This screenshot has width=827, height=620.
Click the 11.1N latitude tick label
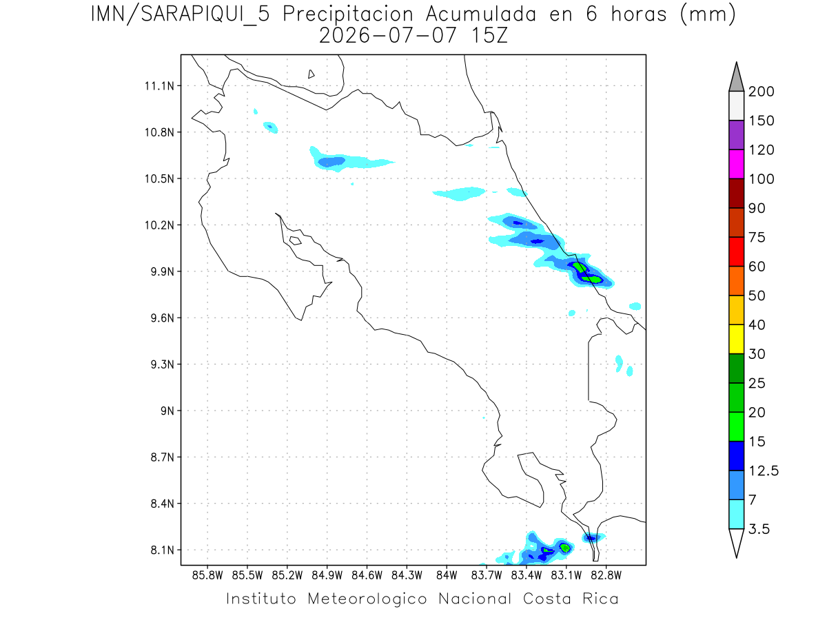pos(159,86)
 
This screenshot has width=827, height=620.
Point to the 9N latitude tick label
pos(167,411)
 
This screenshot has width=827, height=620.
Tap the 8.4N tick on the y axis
pos(163,504)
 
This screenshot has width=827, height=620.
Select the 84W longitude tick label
pos(447,576)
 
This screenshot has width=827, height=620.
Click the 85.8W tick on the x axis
pos(207,576)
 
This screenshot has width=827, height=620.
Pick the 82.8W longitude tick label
pos(606,576)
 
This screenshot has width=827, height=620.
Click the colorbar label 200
pos(761,92)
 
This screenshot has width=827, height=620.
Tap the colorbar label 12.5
pos(764,471)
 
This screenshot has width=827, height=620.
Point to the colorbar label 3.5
pos(759,529)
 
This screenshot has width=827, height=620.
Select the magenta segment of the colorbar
pos(737,164)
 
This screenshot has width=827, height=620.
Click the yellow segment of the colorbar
pos(737,339)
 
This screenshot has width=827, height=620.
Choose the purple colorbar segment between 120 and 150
pos(737,135)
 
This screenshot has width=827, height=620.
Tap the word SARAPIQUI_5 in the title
pos(205,15)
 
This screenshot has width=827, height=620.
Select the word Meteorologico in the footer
pos(367,599)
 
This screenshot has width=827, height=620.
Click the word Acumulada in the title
pos(481,14)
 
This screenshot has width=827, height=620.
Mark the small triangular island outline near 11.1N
pos(311,74)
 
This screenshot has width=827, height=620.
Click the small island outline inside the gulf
pos(296,241)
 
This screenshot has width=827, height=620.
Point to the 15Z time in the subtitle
pos(489,37)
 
